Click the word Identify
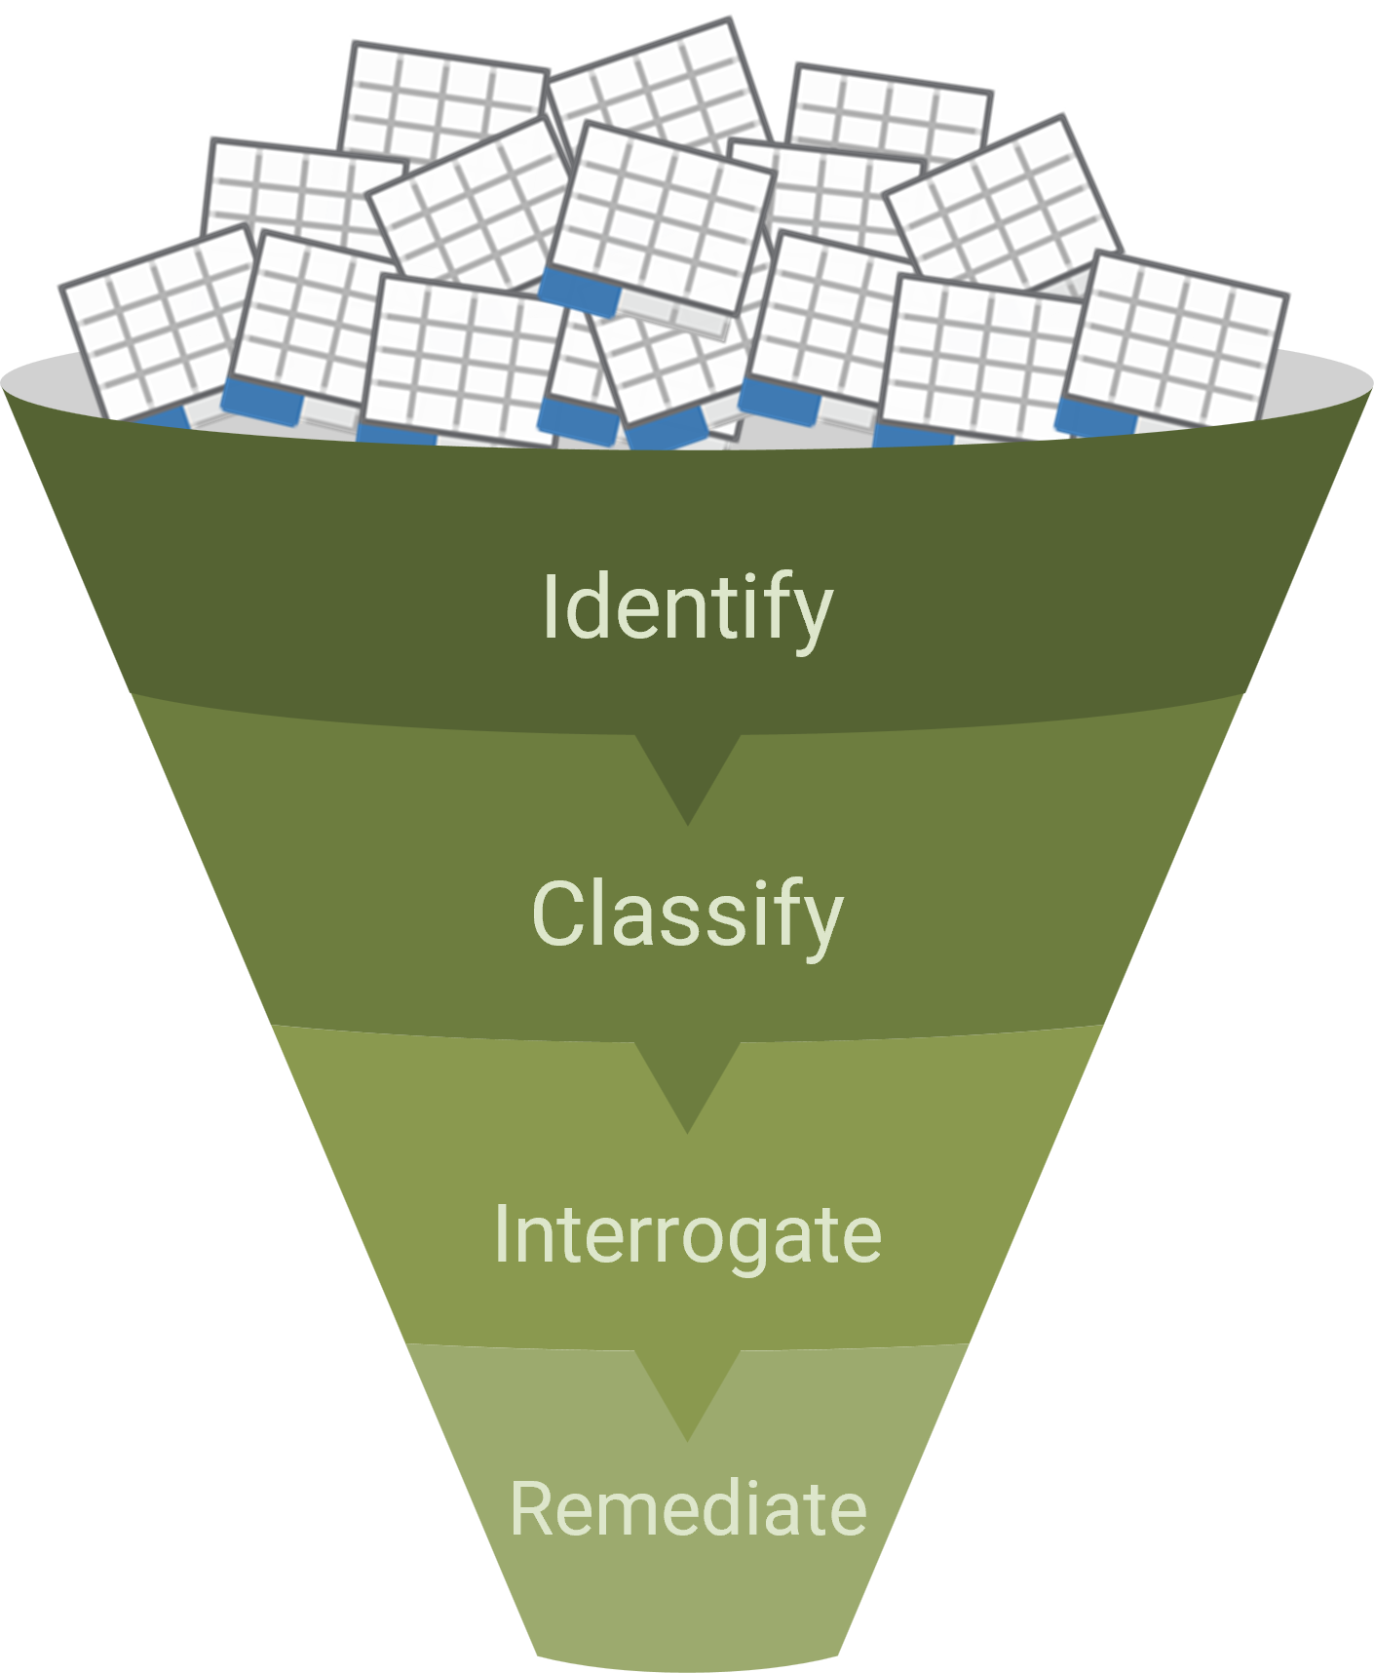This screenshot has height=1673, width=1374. (687, 608)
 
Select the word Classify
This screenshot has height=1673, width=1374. (687, 914)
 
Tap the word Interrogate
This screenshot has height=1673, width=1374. (687, 1234)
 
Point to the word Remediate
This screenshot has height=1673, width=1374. (687, 1508)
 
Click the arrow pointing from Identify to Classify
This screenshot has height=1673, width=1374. (688, 775)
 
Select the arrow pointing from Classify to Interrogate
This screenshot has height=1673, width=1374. (688, 1082)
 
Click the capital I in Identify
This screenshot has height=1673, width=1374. (550, 606)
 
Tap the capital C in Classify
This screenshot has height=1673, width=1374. (559, 914)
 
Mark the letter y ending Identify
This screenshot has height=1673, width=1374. (811, 616)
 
